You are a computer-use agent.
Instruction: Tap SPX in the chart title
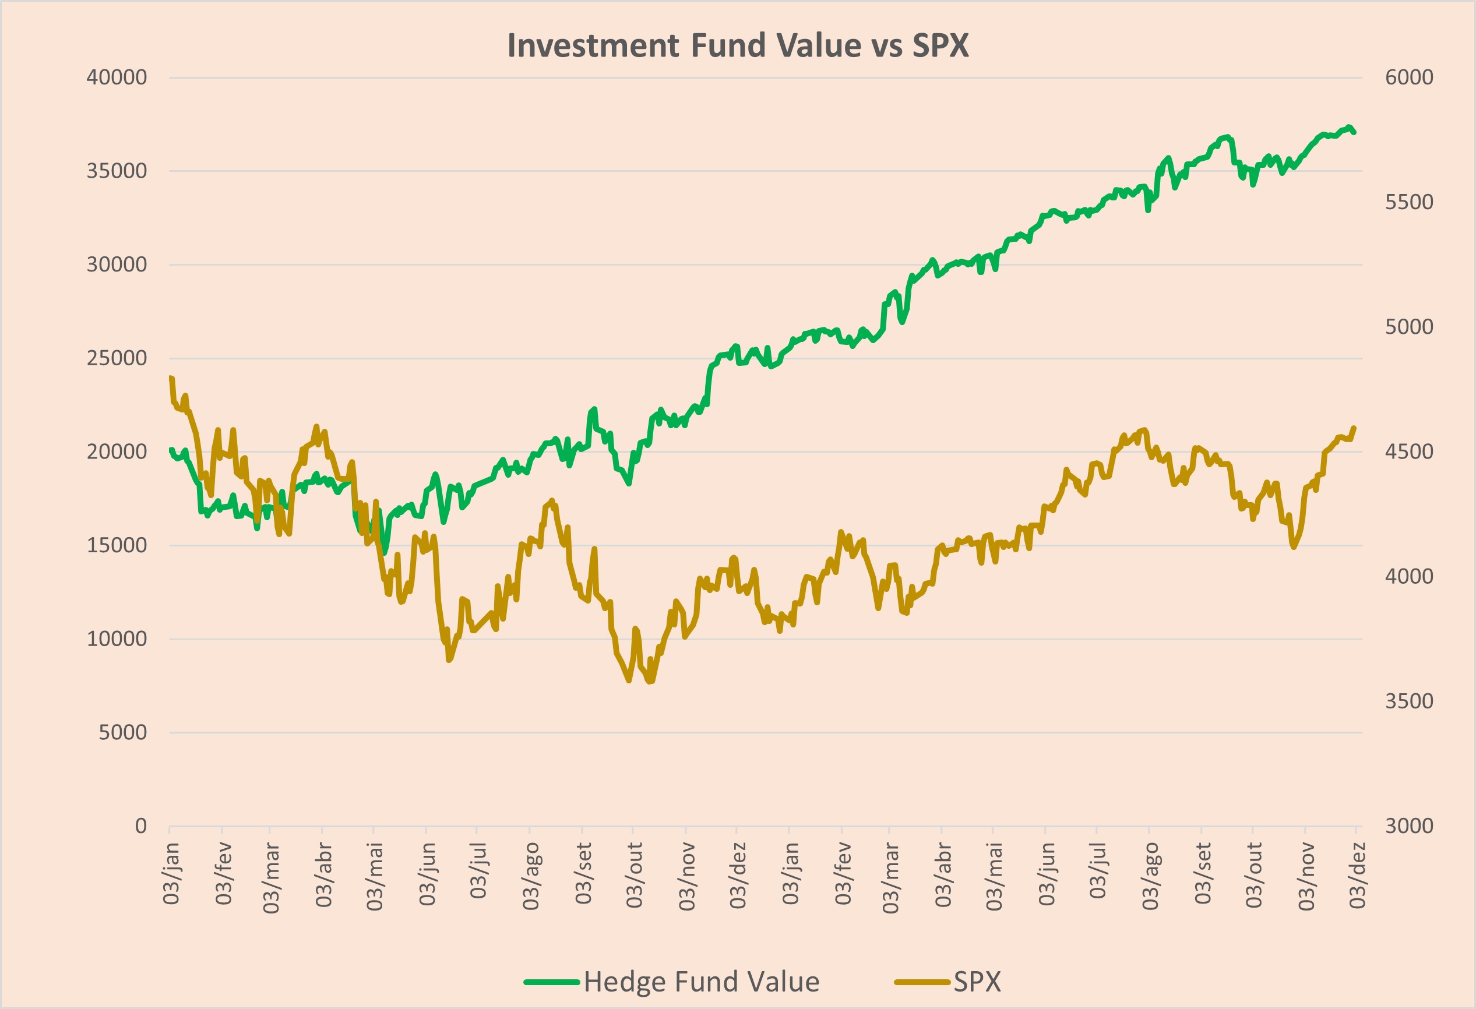940,45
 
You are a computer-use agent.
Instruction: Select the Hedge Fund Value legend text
701,982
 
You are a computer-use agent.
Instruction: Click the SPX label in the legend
977,982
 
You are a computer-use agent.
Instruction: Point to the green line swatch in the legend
551,982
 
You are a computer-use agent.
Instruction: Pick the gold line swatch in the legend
922,982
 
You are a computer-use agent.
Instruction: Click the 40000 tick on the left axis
117,77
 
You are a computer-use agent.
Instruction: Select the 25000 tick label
117,358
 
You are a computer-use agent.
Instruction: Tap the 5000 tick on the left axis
122,733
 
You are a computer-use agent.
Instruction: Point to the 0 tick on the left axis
141,826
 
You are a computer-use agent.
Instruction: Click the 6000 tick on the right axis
1408,77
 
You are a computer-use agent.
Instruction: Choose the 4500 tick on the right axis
1408,451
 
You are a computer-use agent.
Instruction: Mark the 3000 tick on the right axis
1408,826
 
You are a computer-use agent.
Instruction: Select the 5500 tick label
1408,202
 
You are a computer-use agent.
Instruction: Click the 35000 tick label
117,171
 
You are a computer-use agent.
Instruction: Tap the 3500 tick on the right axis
1408,701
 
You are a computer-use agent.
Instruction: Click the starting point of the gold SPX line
171,378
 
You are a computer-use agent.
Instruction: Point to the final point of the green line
1355,132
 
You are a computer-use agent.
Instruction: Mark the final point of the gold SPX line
1355,428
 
